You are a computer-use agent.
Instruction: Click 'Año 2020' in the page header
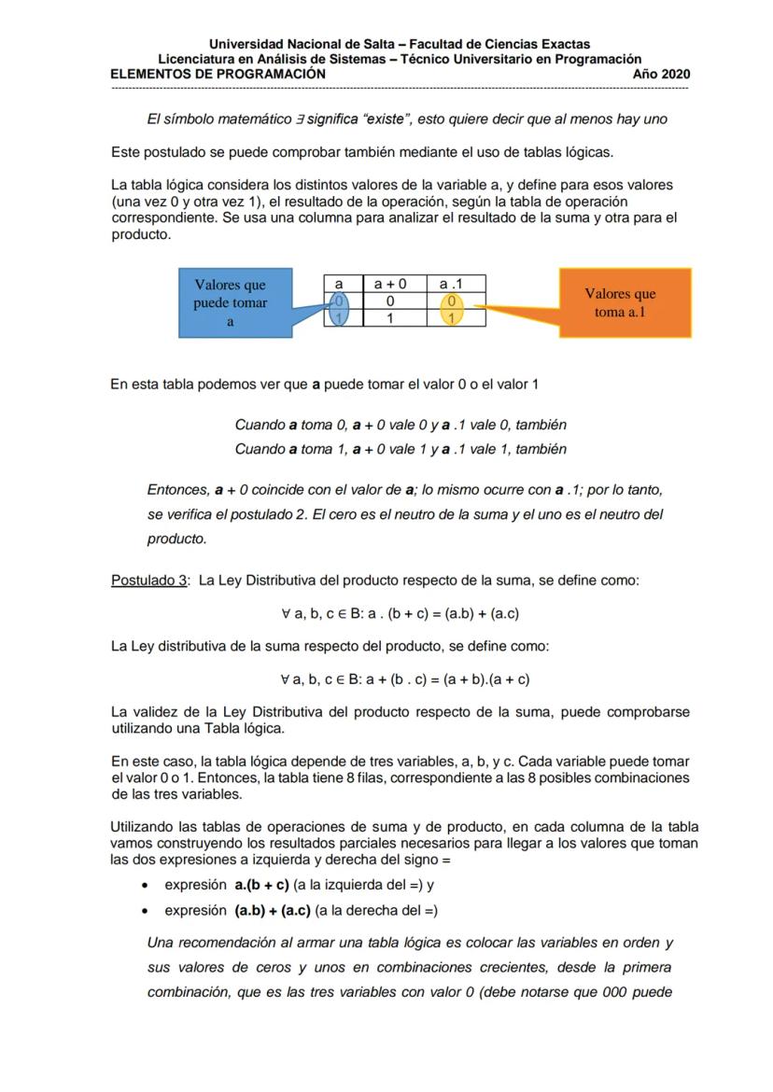[x=661, y=74]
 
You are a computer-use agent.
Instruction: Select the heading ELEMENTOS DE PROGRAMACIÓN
[x=218, y=74]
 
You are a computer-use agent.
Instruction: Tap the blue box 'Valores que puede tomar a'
[x=230, y=303]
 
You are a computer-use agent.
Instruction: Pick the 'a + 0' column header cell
[x=390, y=283]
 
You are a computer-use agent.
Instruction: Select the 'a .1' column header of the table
[x=451, y=283]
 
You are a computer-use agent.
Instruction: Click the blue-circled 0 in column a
[x=340, y=301]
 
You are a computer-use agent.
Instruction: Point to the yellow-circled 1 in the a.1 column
[x=451, y=317]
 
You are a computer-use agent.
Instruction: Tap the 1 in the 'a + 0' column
[x=390, y=317]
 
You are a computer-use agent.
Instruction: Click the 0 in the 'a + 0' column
[x=390, y=301]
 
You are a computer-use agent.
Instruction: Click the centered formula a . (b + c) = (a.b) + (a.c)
[x=400, y=613]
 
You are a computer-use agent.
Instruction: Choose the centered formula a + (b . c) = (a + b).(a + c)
[x=400, y=679]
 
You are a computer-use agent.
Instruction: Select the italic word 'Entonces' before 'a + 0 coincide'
[x=177, y=488]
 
